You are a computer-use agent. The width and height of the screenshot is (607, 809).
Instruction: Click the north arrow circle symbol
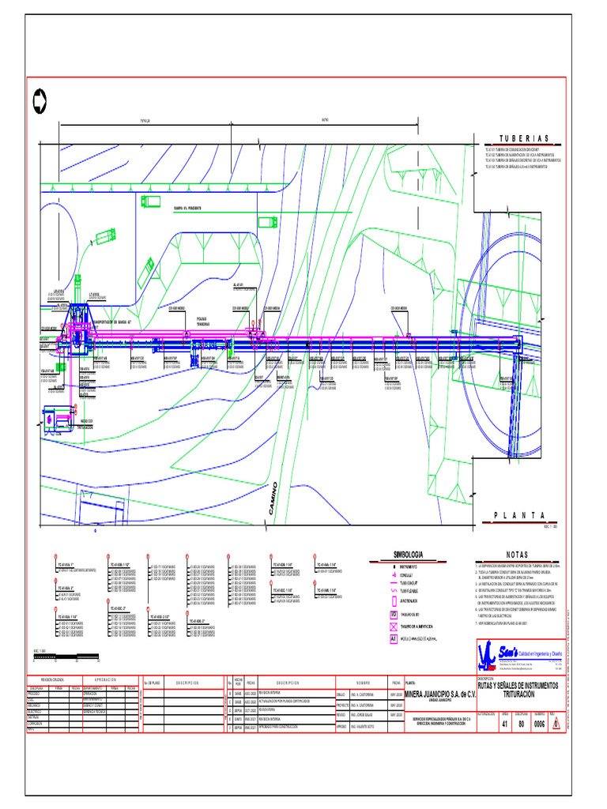(40, 100)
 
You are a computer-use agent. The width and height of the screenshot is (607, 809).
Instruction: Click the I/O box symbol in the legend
(392, 612)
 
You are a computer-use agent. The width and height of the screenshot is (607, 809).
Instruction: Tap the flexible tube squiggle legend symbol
(392, 589)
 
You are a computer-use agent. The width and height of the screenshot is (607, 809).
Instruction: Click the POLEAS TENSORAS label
(204, 322)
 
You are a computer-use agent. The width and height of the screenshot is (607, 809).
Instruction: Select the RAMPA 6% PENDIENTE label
(187, 208)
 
